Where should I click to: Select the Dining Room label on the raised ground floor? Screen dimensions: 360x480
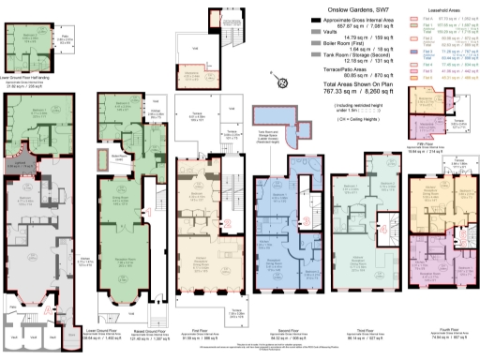pos(122,198)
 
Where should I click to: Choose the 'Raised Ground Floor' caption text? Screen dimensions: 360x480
pos(123,331)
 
